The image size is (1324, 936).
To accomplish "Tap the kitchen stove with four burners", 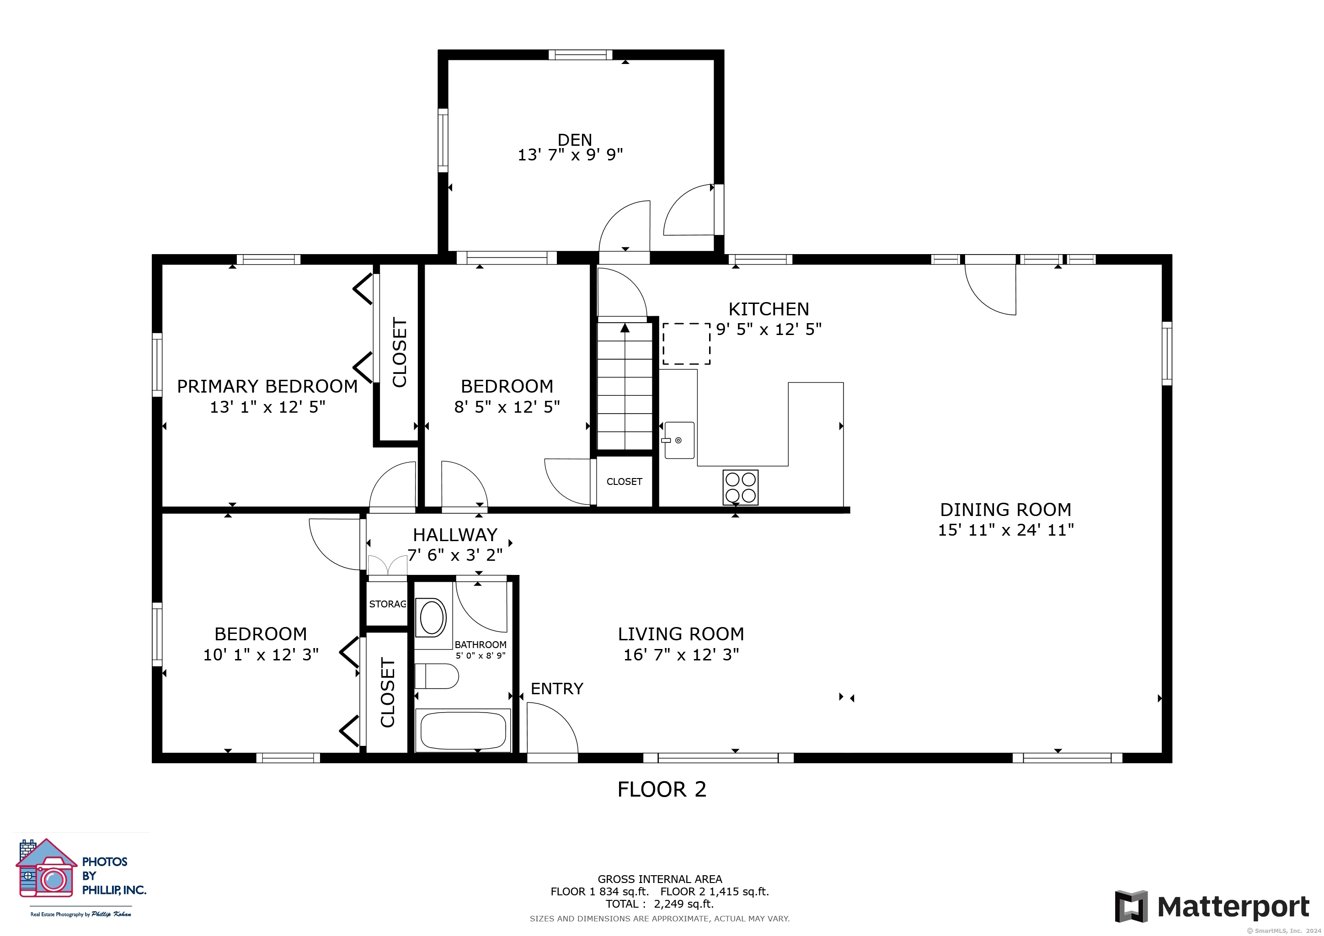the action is point(741,488).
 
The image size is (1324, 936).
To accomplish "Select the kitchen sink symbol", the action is point(679,440).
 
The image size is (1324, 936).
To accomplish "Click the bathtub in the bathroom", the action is point(463,730).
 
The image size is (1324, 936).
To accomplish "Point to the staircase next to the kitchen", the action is point(625,386).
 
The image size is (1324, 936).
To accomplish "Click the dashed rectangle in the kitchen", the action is point(686,344).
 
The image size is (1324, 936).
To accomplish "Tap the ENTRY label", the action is point(556,689).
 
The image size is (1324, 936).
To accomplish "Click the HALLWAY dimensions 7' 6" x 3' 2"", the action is point(455,555).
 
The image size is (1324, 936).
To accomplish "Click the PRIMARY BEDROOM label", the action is point(267,386).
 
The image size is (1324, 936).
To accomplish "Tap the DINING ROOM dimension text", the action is point(1006,530).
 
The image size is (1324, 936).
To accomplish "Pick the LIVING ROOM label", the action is point(681,634).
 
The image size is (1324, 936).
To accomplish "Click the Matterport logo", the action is point(1212,907).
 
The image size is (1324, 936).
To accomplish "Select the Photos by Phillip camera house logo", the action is point(46,868).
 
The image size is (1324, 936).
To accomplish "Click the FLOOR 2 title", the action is point(662,789).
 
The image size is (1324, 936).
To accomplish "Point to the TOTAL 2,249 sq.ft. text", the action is point(660,904).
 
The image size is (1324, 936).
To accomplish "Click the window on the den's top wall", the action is point(580,55).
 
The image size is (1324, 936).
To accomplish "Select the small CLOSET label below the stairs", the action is point(624,481).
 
